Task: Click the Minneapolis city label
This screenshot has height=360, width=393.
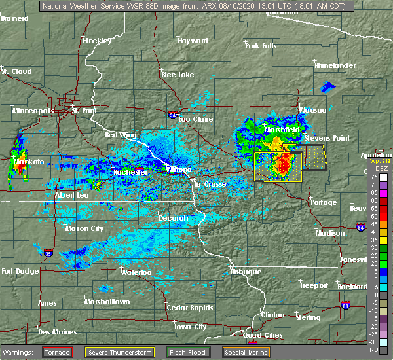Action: pos(33,111)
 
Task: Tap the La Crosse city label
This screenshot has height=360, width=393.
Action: pos(210,184)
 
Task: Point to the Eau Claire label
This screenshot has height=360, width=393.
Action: pos(195,119)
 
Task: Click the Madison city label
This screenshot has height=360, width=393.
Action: pos(329,233)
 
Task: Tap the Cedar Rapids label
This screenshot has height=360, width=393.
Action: pos(187,307)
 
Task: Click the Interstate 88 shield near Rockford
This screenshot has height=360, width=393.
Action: pos(345,304)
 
